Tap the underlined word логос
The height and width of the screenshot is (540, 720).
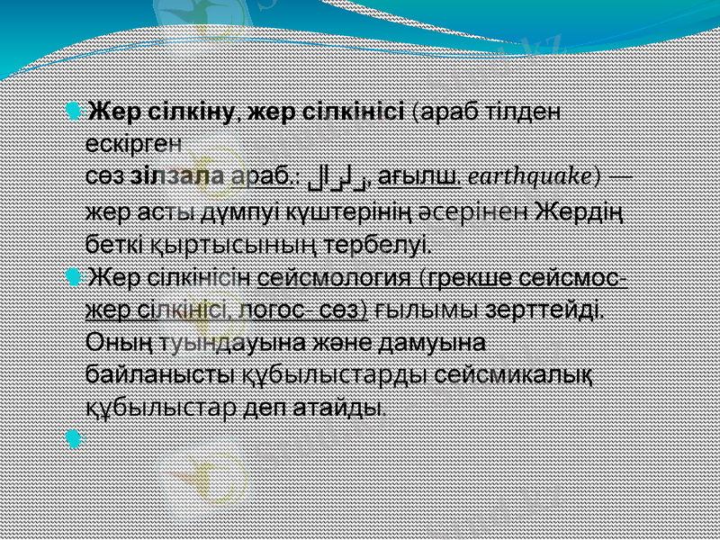point(274,310)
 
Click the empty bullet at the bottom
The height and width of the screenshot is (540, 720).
point(72,440)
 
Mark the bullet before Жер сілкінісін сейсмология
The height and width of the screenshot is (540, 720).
point(72,276)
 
